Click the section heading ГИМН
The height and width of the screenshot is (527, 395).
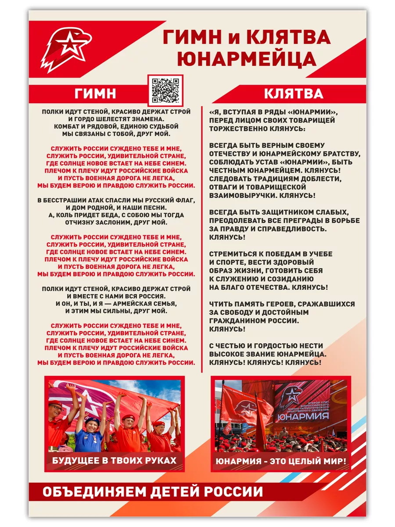95,93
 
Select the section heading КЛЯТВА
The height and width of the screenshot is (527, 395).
293,93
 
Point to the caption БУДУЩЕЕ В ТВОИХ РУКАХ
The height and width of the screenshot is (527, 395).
114,460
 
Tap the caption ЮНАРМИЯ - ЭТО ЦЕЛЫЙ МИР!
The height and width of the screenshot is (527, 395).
280,461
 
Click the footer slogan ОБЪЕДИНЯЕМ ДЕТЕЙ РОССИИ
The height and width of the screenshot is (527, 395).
152,492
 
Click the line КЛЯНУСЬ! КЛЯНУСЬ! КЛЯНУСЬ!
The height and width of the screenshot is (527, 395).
265,363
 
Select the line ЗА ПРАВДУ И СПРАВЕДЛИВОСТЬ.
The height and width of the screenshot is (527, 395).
268,229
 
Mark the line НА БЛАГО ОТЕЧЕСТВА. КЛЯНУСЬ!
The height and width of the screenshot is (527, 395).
268,287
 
